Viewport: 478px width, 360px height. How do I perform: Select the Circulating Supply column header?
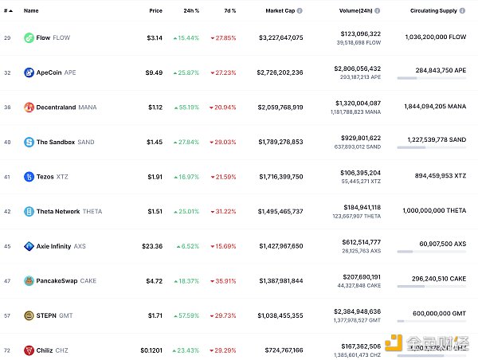(432, 11)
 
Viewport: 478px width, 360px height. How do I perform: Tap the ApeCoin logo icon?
(29, 72)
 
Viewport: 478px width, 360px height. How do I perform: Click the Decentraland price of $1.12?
(155, 107)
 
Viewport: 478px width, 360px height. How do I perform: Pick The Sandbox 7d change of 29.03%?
(222, 142)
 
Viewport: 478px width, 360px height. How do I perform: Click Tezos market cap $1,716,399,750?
(280, 177)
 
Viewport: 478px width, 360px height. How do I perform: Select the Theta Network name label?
(58, 211)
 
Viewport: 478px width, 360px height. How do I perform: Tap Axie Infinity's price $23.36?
(151, 246)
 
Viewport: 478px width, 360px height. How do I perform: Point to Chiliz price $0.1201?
(151, 350)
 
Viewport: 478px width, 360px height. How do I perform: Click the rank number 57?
(6, 315)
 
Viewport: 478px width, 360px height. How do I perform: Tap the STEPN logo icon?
(29, 315)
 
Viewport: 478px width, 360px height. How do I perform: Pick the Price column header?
(155, 11)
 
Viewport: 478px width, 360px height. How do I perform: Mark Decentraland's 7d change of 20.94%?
(222, 107)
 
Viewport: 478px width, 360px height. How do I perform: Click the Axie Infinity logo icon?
(29, 246)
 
